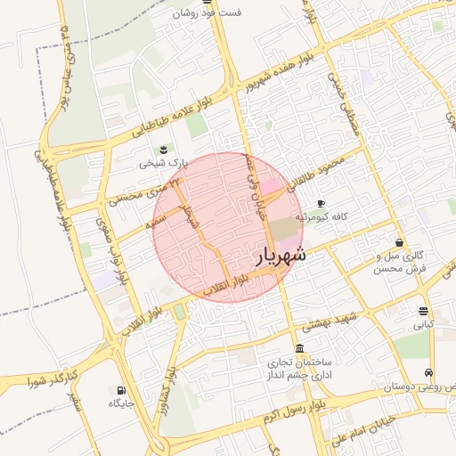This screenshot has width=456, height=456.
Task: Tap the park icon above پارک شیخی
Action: tap(163, 150)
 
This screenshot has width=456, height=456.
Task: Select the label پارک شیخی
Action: tap(164, 164)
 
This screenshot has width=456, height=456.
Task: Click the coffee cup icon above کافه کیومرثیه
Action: tap(321, 203)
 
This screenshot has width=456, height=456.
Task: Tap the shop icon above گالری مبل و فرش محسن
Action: tap(398, 241)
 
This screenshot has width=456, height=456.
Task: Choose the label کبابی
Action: tap(423, 325)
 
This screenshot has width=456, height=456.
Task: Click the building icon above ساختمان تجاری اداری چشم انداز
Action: tap(299, 348)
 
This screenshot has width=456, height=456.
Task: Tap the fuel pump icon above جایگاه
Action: tap(120, 390)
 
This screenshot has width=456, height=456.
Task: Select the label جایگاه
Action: tap(120, 403)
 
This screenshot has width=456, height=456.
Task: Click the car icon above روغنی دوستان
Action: tap(429, 372)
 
